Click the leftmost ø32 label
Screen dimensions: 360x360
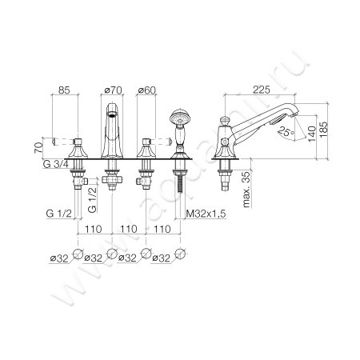[x=56, y=258]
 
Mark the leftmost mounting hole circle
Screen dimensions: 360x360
[x=78, y=256]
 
